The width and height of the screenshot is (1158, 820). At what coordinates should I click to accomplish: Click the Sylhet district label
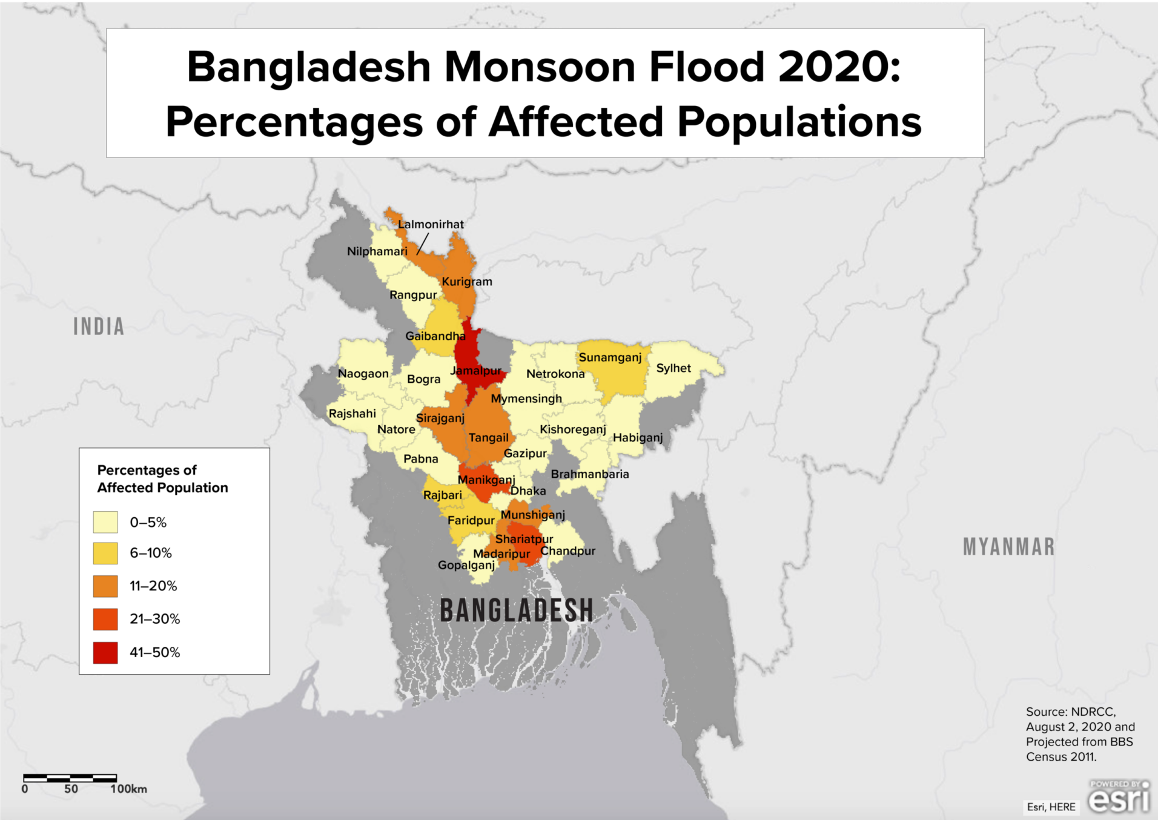click(673, 368)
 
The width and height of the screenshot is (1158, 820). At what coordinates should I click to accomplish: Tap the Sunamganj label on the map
click(610, 357)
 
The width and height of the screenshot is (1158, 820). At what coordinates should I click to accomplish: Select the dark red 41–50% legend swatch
click(105, 652)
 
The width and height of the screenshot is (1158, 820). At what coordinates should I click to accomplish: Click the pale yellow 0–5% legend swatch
click(105, 522)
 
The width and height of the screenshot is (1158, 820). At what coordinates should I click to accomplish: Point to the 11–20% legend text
click(153, 586)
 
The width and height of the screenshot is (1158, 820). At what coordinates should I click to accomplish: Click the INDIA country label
click(99, 326)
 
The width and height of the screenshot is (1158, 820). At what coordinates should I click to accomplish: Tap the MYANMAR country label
click(1008, 547)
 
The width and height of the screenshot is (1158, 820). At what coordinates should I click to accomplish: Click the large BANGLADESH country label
click(516, 610)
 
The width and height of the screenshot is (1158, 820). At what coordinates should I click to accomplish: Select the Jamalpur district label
click(476, 371)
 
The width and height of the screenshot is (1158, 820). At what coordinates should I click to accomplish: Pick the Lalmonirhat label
click(431, 224)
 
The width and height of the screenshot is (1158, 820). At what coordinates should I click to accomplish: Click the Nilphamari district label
click(377, 251)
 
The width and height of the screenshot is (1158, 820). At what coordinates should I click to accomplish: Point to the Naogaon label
click(363, 374)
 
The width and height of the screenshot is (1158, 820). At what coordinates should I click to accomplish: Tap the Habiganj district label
click(638, 437)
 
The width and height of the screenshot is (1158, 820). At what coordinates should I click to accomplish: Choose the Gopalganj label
click(466, 565)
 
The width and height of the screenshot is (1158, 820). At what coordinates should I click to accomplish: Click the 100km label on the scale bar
click(128, 789)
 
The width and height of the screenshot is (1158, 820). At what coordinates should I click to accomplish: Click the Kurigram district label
click(466, 282)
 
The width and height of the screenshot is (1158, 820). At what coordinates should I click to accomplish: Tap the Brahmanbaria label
click(589, 474)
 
